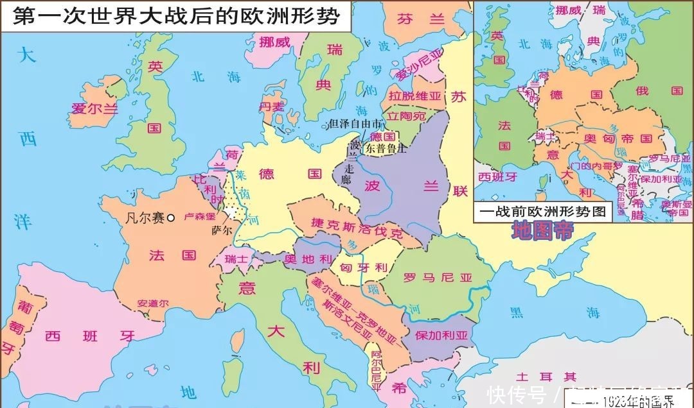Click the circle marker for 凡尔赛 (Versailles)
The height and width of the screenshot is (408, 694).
tap(171, 218)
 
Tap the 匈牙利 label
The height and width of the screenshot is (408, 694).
tap(363, 267)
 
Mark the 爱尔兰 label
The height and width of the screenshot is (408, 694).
tap(94, 108)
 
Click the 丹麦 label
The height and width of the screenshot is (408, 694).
tap(271, 106)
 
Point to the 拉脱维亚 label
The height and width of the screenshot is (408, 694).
tap(415, 96)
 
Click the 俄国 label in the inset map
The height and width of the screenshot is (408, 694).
tap(668, 90)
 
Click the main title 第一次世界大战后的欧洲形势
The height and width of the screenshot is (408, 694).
tap(175, 16)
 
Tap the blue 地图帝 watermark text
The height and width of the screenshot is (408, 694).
tap(541, 231)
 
